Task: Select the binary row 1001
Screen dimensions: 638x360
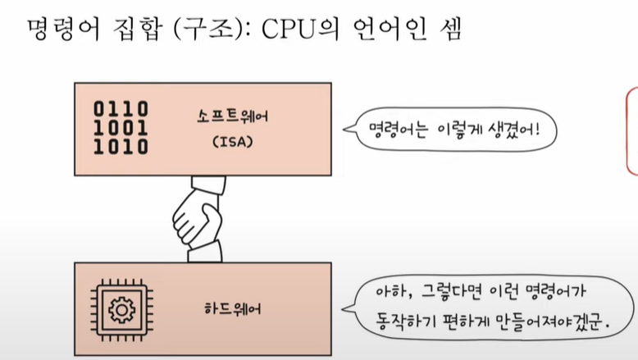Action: click(121, 128)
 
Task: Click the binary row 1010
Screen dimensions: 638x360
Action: click(121, 147)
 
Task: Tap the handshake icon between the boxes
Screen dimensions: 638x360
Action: click(197, 217)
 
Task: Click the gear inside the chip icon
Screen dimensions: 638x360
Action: click(121, 309)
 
